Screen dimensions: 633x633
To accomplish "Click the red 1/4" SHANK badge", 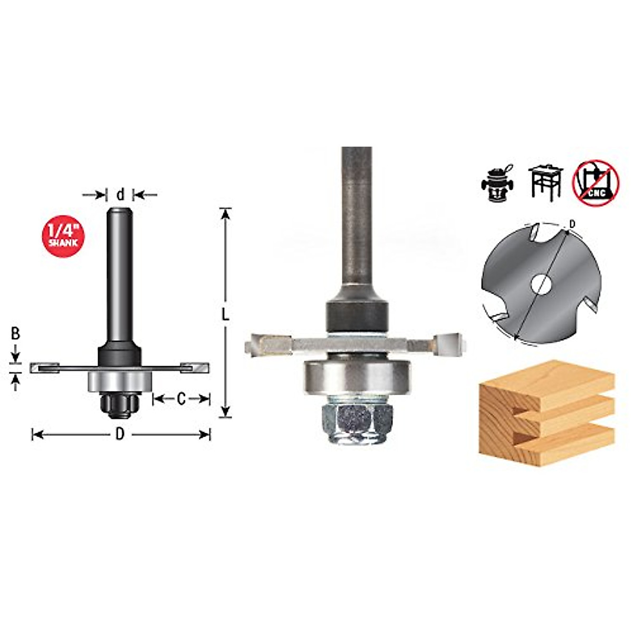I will point(63,235).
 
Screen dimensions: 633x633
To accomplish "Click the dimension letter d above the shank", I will point(120,195).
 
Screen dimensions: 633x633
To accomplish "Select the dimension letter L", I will point(225,314).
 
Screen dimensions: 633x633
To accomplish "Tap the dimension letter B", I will point(15,333).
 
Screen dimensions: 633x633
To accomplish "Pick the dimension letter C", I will point(181,399).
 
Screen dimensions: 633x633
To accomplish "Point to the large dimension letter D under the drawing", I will point(120,435).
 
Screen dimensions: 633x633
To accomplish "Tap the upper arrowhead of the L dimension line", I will point(226,213).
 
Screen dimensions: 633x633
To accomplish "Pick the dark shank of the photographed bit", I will point(357,222).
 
